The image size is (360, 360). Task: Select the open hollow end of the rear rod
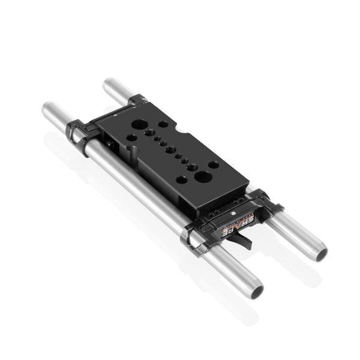(319, 253)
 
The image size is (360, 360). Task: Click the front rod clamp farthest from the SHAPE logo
(77, 133)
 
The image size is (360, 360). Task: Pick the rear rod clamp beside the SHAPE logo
(263, 201)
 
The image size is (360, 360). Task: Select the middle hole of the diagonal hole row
(172, 149)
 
